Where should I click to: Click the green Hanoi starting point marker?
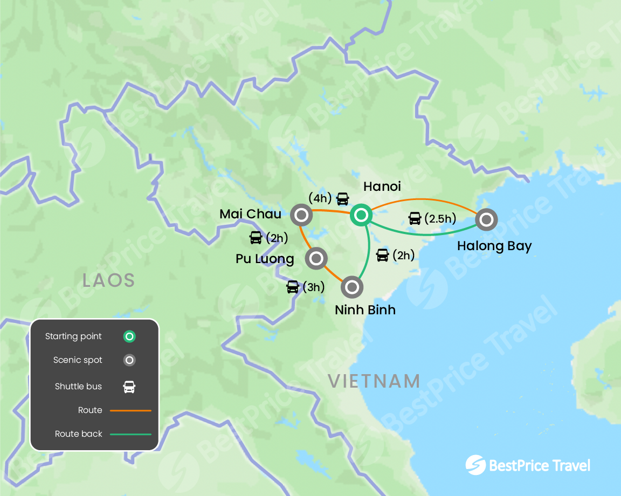360,216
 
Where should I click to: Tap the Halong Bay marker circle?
486,219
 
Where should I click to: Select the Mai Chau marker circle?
301,216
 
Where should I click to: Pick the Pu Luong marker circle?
316,258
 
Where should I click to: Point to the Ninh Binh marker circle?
351,287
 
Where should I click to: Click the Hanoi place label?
382,187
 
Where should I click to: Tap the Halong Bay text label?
494,246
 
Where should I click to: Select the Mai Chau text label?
250,214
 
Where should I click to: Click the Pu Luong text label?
265,259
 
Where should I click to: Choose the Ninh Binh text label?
365,310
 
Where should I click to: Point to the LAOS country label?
108,280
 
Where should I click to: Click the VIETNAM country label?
374,381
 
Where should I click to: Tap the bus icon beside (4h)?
342,199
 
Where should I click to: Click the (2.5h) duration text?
440,219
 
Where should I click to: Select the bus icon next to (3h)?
293,287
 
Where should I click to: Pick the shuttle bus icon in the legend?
129,387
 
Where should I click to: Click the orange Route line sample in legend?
130,410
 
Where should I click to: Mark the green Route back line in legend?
130,434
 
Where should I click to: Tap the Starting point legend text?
73,336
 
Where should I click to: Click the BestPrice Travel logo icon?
475,465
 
